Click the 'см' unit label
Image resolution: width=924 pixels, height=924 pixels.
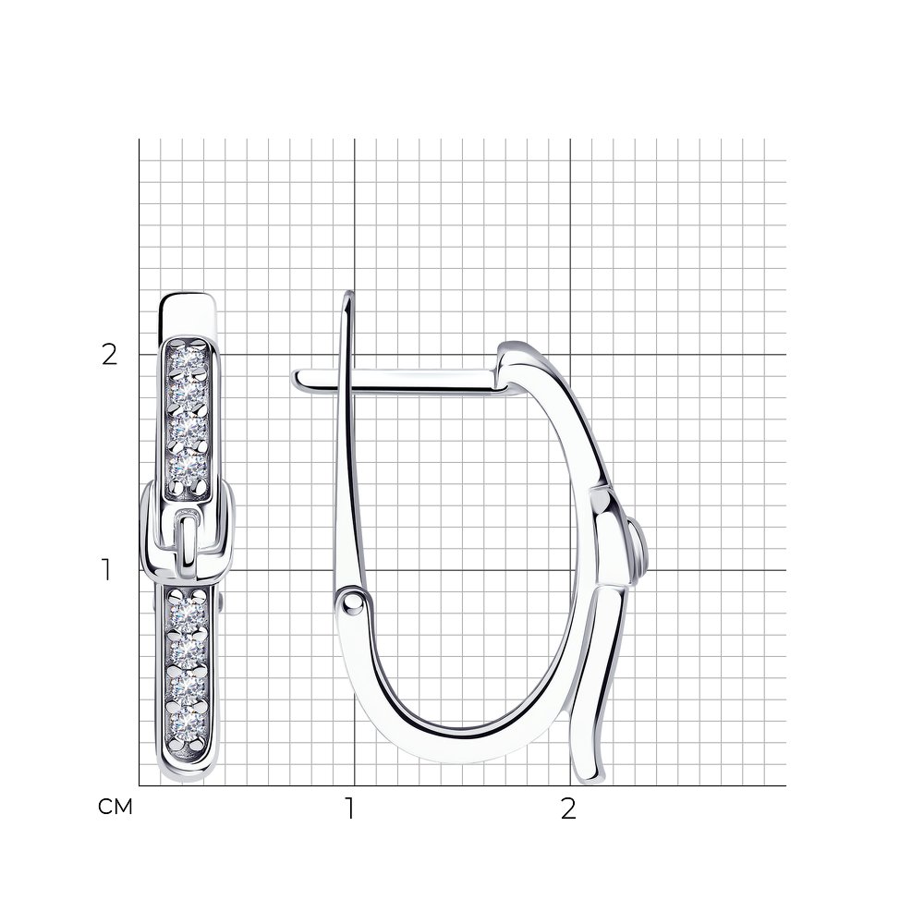(115, 807)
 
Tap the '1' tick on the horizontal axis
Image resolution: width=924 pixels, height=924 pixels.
(350, 808)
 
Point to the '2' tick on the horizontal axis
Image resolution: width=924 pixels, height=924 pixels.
(568, 808)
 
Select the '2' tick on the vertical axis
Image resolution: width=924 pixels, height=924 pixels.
(110, 355)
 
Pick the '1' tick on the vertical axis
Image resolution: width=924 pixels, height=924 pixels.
(106, 570)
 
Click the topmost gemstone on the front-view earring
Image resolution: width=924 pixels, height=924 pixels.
(188, 357)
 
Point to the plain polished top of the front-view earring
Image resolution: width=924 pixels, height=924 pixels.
(188, 315)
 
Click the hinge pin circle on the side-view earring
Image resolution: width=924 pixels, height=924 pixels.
(353, 602)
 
